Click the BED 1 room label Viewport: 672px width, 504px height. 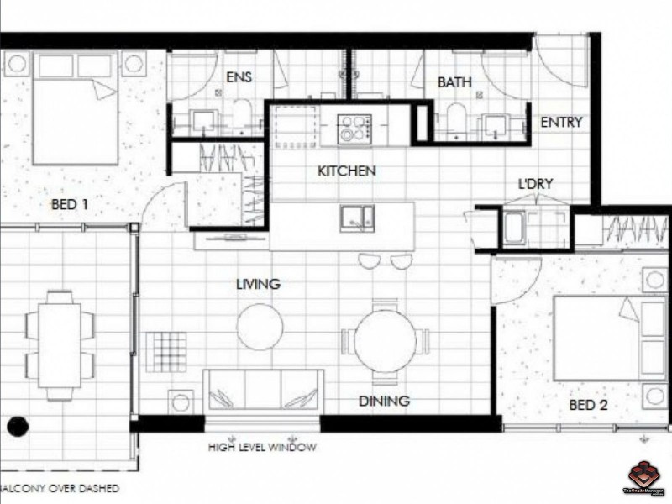[70, 204]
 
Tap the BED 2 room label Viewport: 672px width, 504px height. [588, 405]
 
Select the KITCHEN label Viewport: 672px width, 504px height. [346, 171]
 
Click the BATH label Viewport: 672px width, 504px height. [454, 82]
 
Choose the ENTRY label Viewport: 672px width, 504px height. [561, 123]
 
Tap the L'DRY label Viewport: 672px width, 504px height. [536, 184]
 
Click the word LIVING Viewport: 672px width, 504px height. [258, 284]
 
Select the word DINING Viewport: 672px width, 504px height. [384, 401]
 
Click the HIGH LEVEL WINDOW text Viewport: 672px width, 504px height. [262, 448]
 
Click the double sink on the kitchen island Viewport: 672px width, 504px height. [357, 218]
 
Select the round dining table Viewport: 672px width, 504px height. [385, 341]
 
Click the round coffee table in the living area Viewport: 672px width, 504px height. [260, 327]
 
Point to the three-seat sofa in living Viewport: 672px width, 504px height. [263, 391]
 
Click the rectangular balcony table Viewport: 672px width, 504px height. [60, 344]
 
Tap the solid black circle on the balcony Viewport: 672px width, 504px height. [17, 427]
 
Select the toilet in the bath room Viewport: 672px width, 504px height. [456, 118]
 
